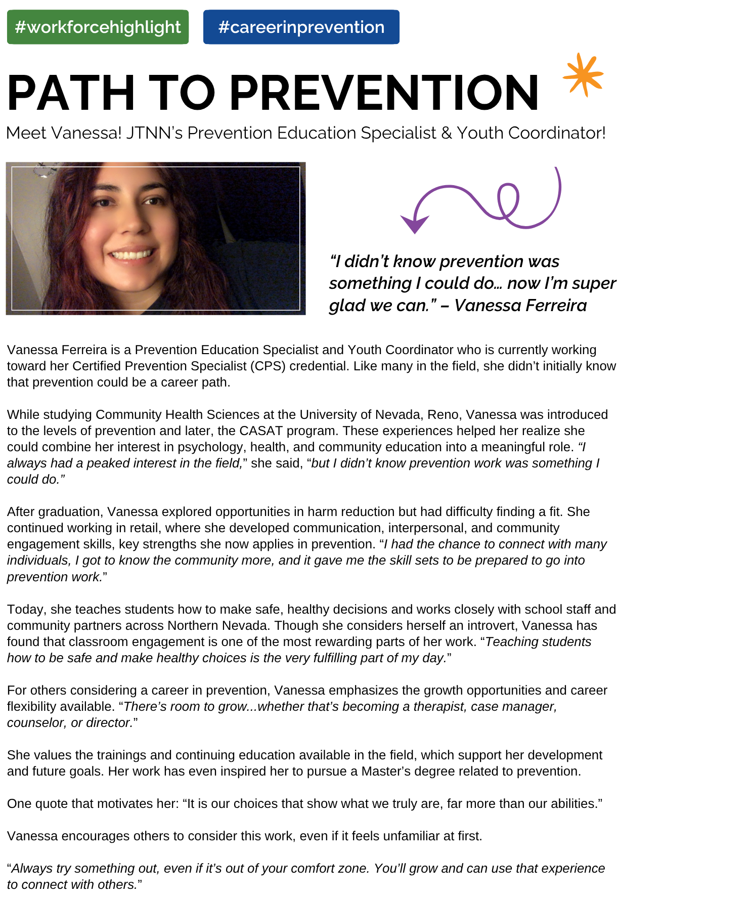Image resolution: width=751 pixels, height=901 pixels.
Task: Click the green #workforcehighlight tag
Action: (x=98, y=27)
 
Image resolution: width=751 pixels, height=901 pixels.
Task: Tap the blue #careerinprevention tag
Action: (x=301, y=27)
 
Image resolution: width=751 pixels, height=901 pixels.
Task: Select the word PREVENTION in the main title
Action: (x=384, y=93)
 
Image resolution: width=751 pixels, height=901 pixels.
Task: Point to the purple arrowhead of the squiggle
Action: (x=414, y=223)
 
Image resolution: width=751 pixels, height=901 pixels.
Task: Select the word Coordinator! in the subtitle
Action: (x=556, y=133)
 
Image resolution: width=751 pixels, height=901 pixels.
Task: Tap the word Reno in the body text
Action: (x=443, y=414)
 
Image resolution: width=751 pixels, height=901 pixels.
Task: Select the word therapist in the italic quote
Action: (x=439, y=706)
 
